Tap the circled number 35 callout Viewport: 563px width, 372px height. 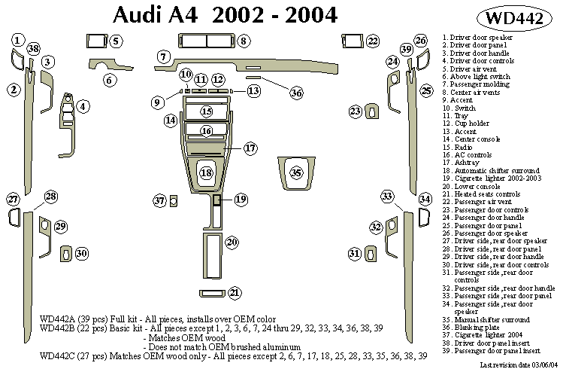pos(297,173)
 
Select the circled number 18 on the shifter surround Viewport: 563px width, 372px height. pos(206,174)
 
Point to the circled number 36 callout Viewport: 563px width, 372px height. pos(296,93)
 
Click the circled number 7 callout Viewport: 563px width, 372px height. pos(162,56)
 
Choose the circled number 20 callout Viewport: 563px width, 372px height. pos(232,242)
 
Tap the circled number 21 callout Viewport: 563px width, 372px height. pos(235,293)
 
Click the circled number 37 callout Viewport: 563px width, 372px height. pos(159,201)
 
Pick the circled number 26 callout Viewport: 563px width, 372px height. pos(421,41)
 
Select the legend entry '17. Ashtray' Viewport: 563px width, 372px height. pos(462,163)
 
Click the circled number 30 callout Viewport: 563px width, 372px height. pos(81,254)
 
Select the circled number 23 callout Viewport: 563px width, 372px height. pos(355,111)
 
